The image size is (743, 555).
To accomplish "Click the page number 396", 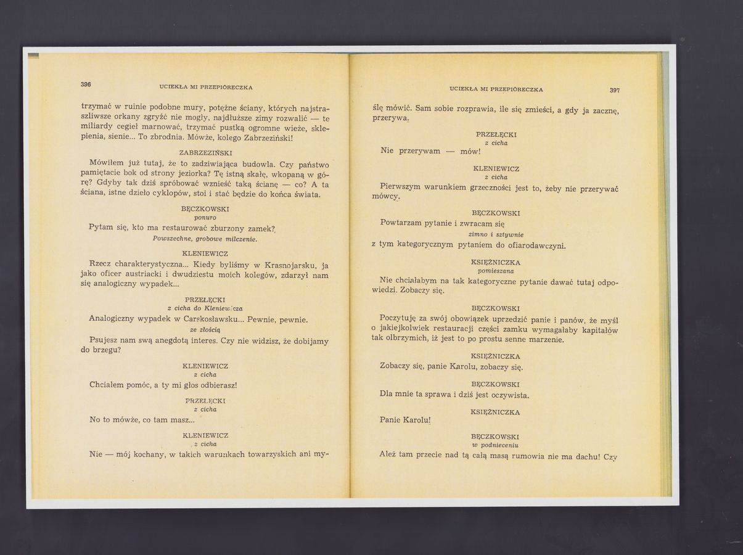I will [86, 84].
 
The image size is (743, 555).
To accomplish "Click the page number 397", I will [614, 90].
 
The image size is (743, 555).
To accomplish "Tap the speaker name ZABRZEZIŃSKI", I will [205, 152].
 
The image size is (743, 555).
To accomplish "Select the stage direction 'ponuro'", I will [205, 217].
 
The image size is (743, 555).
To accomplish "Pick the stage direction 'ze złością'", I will [205, 329].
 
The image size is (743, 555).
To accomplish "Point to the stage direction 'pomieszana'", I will [496, 271].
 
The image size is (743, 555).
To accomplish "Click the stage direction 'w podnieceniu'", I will [495, 445].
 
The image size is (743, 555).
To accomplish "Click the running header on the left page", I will [205, 87].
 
